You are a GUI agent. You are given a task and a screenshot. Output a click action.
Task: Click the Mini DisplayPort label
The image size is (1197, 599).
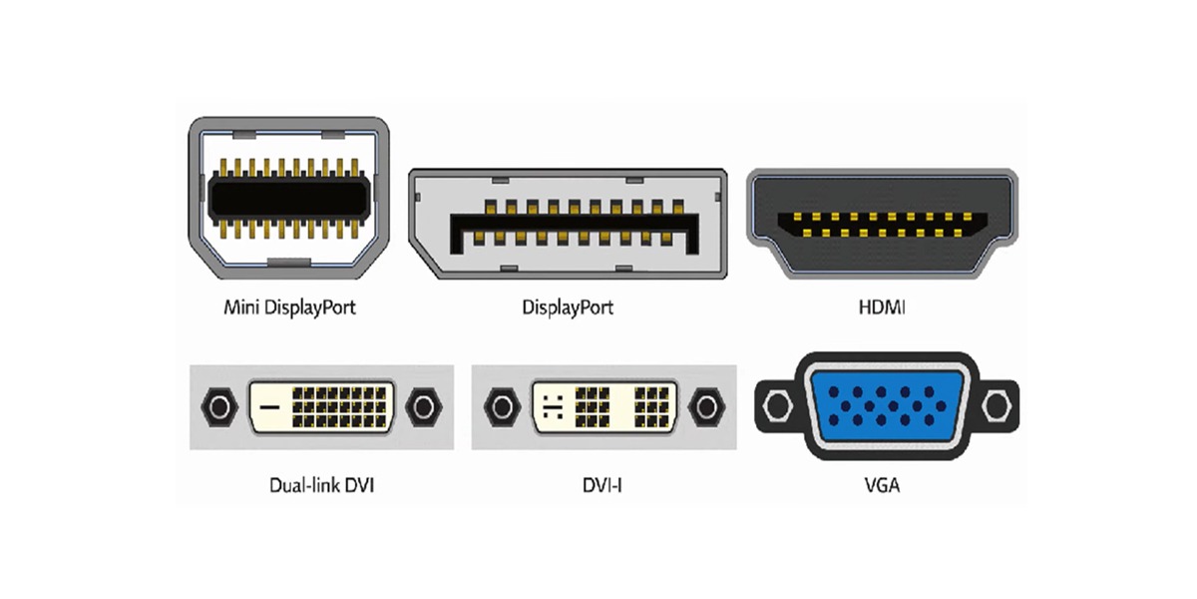point(289,307)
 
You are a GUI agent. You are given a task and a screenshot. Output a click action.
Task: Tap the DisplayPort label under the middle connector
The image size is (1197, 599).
point(568,307)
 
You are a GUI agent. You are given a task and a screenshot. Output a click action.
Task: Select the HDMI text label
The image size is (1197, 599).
point(882,307)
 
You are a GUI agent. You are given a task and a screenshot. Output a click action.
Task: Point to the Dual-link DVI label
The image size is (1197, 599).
point(321,485)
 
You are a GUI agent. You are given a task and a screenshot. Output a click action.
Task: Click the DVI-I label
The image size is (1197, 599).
point(602,485)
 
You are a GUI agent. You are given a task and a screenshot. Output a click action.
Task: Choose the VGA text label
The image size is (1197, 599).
point(882,485)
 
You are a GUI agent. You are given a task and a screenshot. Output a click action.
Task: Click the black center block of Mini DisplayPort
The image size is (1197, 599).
point(289,198)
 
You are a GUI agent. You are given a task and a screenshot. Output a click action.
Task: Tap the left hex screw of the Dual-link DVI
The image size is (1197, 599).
point(219,407)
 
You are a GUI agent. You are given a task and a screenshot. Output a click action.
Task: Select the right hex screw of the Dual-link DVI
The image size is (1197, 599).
point(424,407)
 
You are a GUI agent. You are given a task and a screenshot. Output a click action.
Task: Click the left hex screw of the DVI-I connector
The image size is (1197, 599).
point(502,407)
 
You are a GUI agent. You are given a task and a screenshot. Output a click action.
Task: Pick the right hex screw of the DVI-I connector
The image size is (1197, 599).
point(706,407)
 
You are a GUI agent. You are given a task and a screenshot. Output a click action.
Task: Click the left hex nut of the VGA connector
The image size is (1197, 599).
point(777,405)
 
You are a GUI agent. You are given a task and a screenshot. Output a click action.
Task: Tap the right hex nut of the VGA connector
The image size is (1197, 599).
point(997,405)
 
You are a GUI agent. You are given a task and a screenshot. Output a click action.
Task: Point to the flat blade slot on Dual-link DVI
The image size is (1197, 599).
point(270,407)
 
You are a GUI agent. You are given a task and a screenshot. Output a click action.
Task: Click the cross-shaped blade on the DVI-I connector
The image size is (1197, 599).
point(553,407)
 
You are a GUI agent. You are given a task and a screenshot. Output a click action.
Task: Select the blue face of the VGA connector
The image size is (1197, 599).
point(887,406)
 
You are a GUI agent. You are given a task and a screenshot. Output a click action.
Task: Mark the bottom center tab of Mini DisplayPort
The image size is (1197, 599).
point(289,262)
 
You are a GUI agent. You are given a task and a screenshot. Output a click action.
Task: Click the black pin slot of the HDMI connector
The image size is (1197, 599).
point(882,226)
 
